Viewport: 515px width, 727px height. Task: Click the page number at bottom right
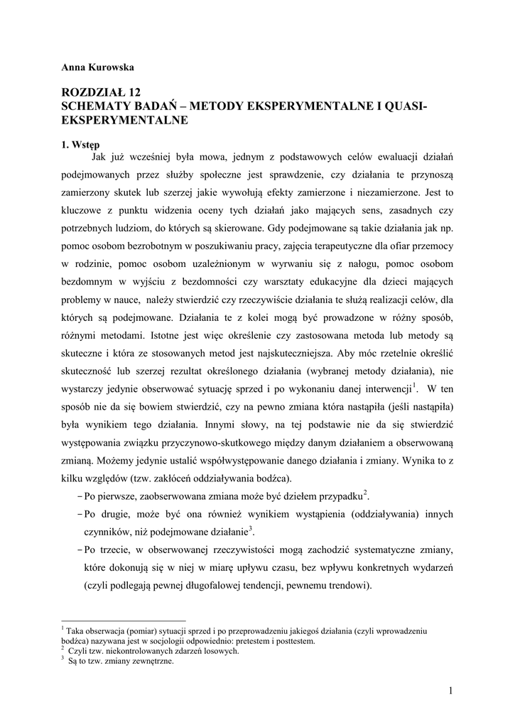coord(451,690)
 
